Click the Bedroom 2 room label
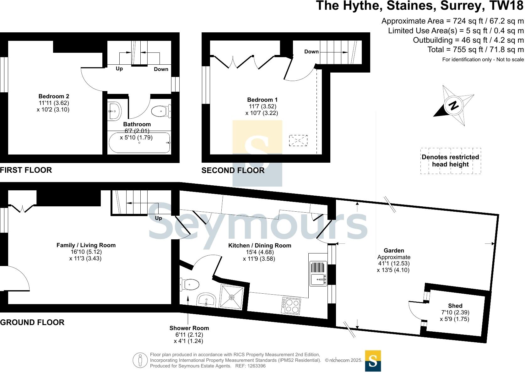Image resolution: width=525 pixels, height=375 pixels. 54,96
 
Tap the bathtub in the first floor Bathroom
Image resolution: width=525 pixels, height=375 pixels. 139,143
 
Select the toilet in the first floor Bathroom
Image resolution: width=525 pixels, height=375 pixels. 160,111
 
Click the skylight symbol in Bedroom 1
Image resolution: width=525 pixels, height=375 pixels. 298,140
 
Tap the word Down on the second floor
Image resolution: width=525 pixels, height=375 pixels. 311,52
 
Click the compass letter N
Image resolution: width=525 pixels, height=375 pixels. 453,106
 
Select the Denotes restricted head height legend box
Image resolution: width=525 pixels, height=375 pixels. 450,161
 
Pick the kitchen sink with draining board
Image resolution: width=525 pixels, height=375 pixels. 318,274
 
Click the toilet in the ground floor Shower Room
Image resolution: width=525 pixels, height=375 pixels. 190,285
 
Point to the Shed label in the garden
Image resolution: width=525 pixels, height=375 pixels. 455,306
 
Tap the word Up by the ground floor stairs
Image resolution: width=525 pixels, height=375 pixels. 159,218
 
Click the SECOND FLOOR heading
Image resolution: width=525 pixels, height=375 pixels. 233,171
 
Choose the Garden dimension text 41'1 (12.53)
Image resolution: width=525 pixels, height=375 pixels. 394,264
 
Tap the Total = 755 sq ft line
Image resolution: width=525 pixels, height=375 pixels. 475,50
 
